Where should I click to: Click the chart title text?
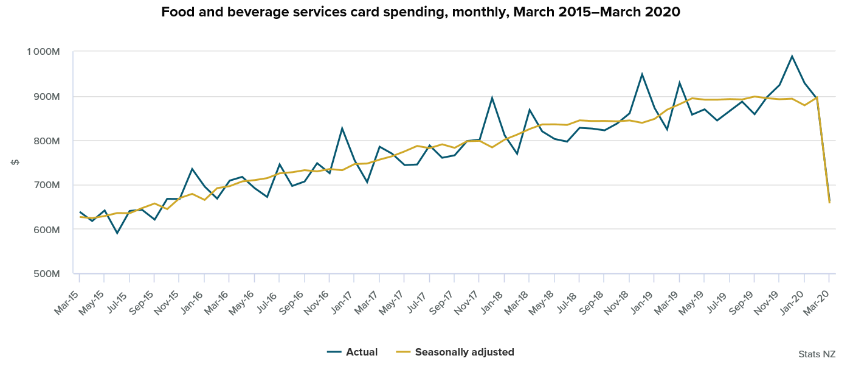(420, 12)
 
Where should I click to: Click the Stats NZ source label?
(817, 354)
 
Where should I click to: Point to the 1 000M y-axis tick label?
(43, 52)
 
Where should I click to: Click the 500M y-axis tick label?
(46, 274)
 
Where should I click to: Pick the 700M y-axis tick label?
(46, 185)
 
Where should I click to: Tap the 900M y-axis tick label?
(46, 96)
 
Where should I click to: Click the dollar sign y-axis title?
(15, 163)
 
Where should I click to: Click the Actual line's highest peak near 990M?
(792, 56)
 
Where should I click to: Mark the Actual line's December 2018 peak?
(641, 74)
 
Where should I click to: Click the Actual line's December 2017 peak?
(492, 97)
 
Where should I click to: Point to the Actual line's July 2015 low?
(117, 233)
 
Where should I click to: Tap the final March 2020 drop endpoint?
(829, 202)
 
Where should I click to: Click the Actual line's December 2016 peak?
(342, 128)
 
